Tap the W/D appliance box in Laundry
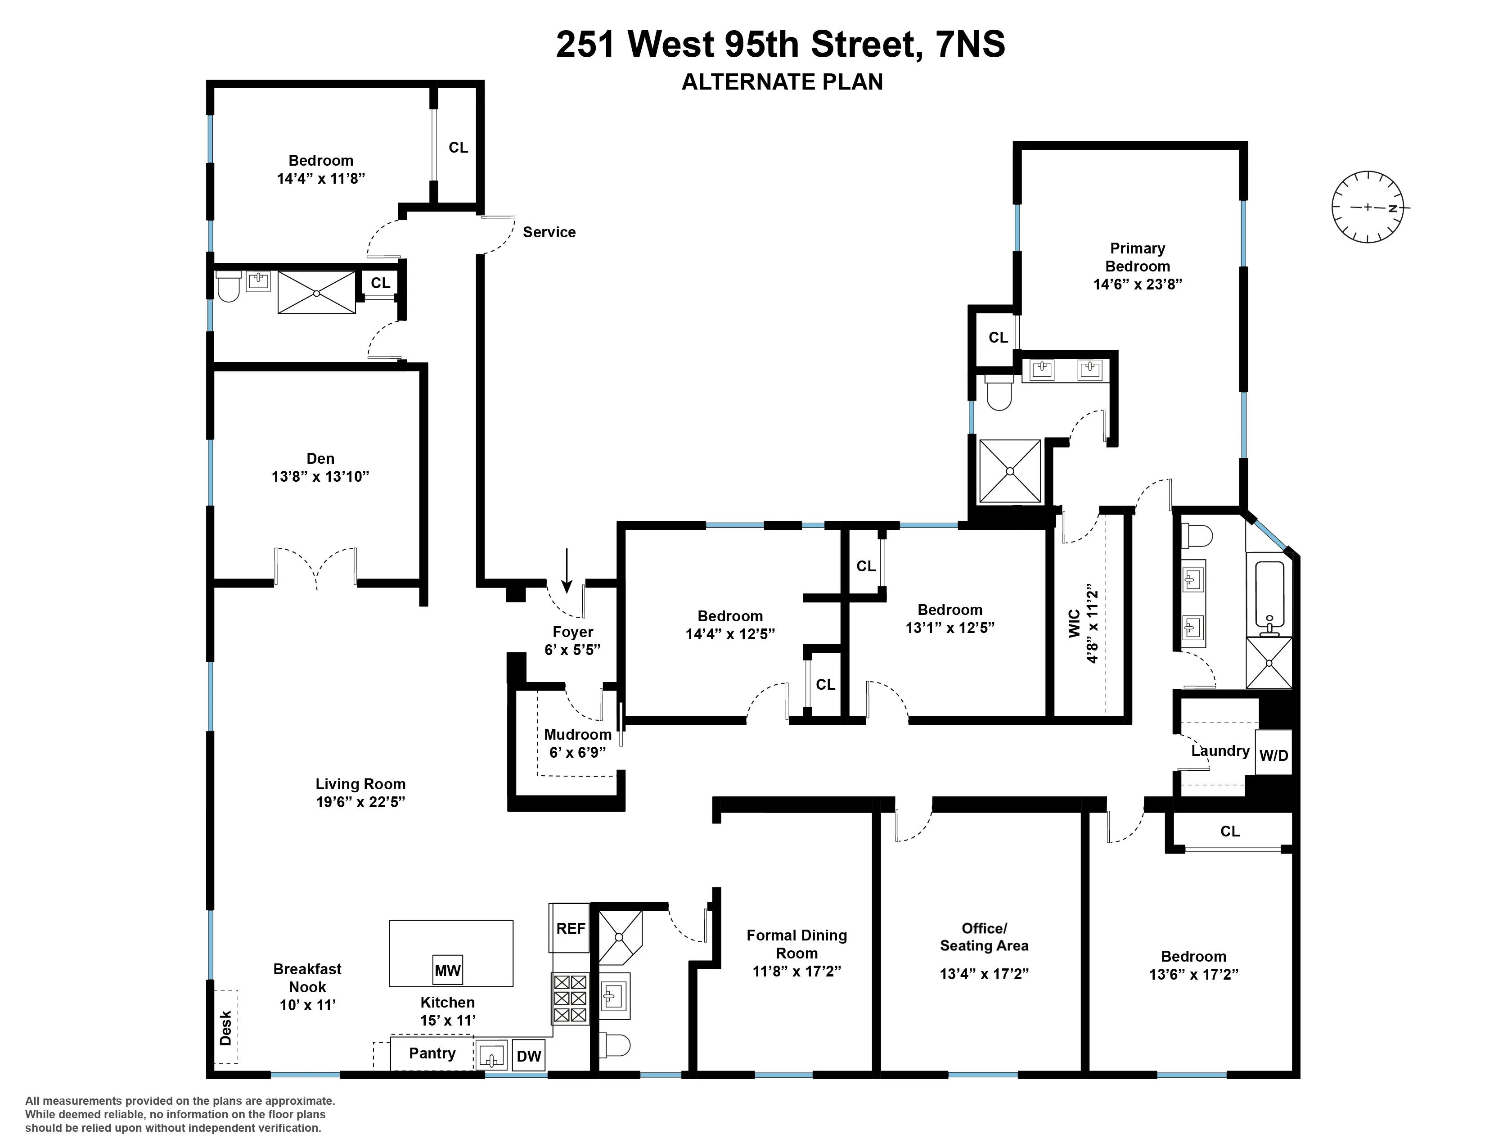click(1273, 755)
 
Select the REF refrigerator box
click(570, 928)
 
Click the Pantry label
click(432, 1053)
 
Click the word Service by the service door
click(549, 232)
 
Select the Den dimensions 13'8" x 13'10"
click(320, 476)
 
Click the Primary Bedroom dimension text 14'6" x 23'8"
click(1138, 284)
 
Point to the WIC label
click(1074, 623)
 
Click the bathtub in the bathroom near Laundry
click(1269, 595)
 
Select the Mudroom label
click(577, 735)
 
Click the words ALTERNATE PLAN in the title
click(782, 81)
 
